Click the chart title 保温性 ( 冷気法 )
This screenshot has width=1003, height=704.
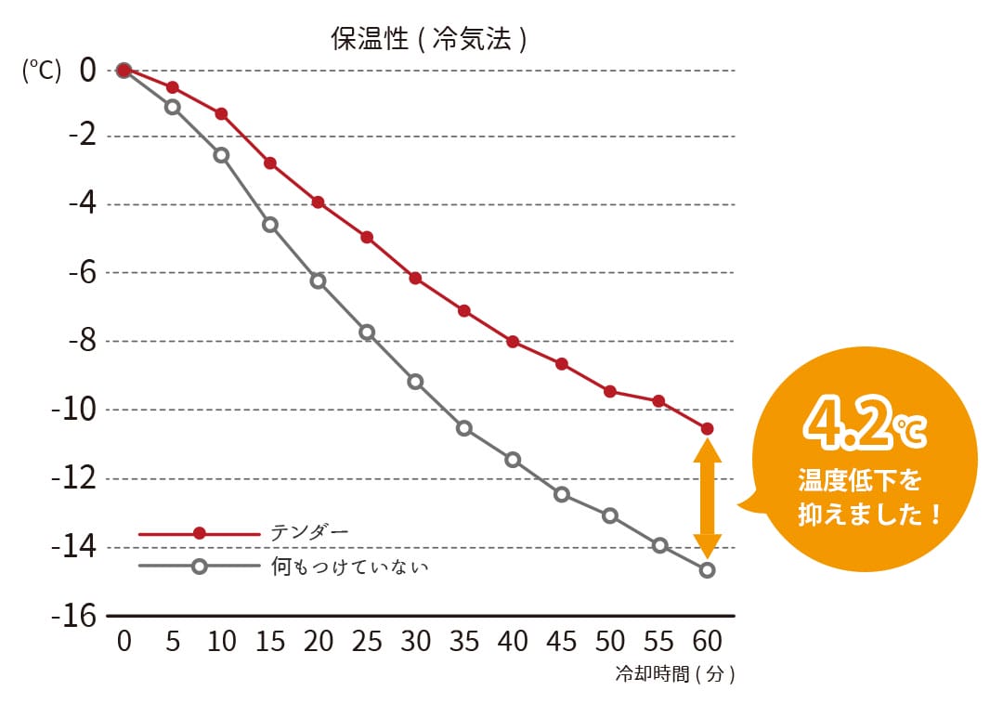[x=429, y=39]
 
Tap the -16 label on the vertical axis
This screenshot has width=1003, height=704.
[x=75, y=615]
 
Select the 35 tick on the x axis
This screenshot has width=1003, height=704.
[x=464, y=642]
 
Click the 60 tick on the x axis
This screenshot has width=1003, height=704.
[x=707, y=642]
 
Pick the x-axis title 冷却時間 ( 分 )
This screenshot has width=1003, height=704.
[x=675, y=675]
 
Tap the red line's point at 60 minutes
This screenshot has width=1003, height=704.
[x=708, y=428]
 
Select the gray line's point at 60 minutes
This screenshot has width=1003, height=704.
[x=708, y=570]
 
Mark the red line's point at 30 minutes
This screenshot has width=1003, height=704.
[x=415, y=278]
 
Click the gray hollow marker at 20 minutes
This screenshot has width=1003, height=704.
[x=319, y=280]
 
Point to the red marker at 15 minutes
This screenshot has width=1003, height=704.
[x=270, y=163]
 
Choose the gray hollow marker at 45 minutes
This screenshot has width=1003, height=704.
[x=562, y=494]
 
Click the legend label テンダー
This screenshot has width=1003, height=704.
[x=309, y=532]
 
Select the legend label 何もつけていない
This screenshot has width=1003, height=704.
[x=349, y=566]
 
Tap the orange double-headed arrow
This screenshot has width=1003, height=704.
[x=708, y=499]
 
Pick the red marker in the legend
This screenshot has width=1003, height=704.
[x=199, y=533]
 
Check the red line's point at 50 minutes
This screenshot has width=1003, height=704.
[x=610, y=391]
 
